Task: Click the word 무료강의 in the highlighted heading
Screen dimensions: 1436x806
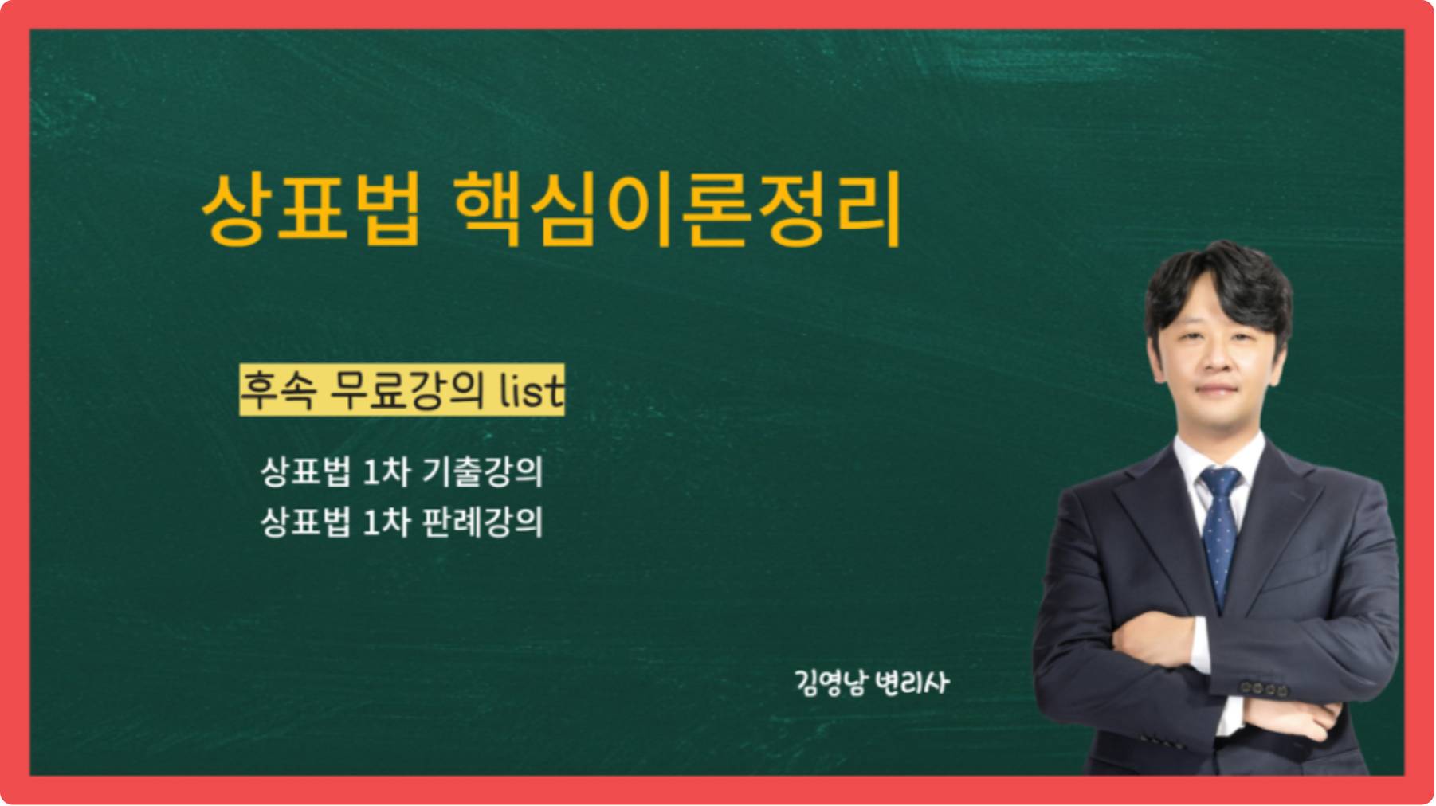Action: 406,389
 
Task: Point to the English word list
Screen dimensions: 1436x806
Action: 532,389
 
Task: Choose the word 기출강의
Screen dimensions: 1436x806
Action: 482,471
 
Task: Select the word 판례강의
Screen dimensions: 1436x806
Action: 482,522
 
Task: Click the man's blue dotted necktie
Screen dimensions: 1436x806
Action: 1219,530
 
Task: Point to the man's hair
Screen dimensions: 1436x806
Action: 1218,287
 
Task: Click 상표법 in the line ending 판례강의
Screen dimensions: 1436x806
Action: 305,522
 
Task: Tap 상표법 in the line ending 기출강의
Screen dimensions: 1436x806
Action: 305,471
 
